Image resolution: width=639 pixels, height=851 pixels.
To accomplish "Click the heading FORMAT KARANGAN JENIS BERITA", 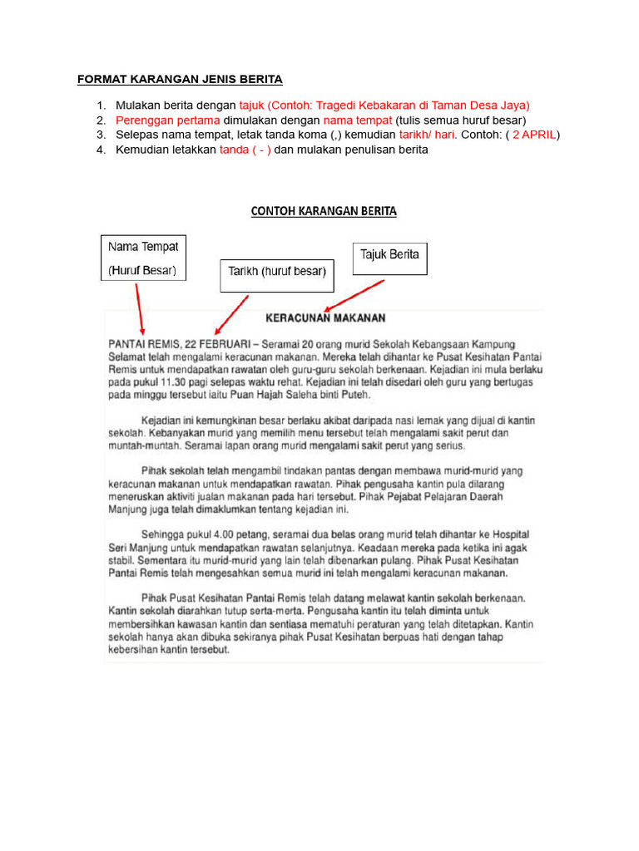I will pyautogui.click(x=180, y=80).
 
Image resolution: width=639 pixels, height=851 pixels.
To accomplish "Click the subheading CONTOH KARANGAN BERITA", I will pyautogui.click(x=324, y=211).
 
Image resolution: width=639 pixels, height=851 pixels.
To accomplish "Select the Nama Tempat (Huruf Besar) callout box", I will pyautogui.click(x=143, y=258).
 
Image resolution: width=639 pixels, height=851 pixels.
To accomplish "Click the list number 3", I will pyautogui.click(x=101, y=135).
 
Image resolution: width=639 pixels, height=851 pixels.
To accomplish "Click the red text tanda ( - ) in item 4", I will pyautogui.click(x=245, y=150).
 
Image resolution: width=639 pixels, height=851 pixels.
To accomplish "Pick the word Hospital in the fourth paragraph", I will pyautogui.click(x=507, y=534).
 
